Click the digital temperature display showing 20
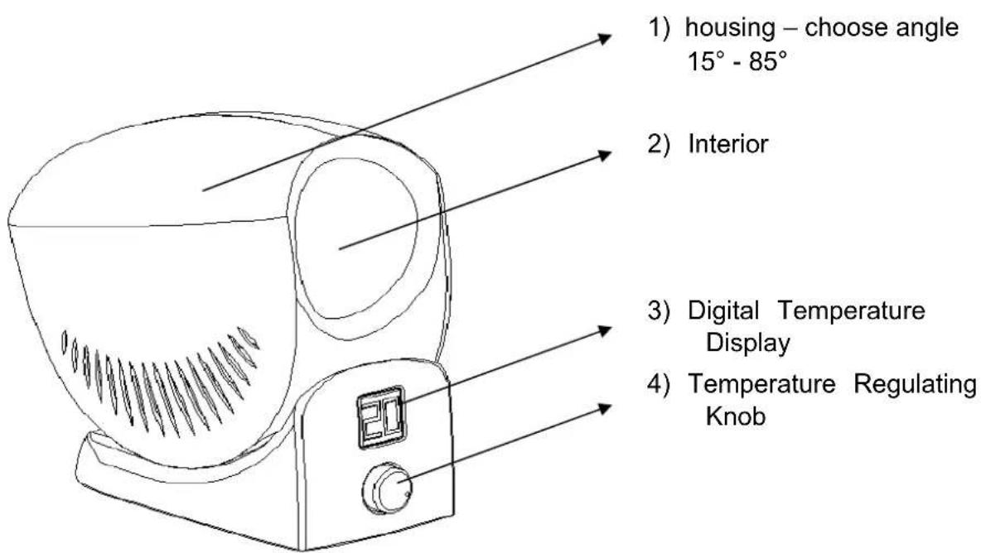click(381, 416)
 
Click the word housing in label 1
click(729, 28)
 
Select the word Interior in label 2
click(728, 144)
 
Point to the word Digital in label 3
click(723, 311)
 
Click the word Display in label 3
click(747, 344)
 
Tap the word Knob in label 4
click(736, 416)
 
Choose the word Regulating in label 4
click(915, 384)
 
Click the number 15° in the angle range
click(705, 61)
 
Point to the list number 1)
click(659, 28)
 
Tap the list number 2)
click(659, 144)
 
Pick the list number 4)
click(659, 383)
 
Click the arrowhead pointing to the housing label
click(603, 39)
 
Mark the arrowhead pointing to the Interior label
click(603, 154)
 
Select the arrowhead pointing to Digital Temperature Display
click(603, 330)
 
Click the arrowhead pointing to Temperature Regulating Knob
click(603, 408)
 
